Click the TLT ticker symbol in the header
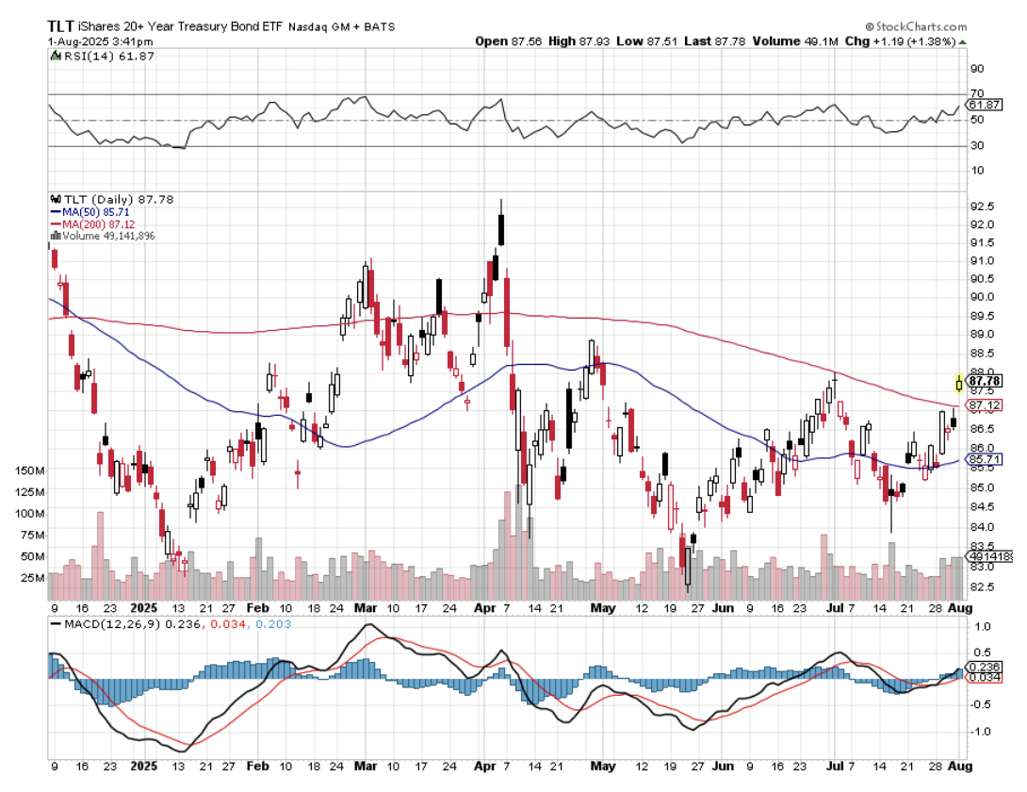coord(63,25)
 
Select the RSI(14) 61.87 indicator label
coord(102,57)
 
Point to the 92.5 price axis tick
coord(983,206)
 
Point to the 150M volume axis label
coord(30,470)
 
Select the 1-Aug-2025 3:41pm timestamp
coord(90,41)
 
